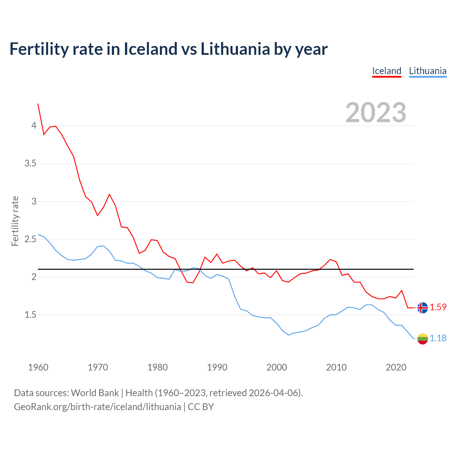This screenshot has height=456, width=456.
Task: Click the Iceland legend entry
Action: coord(387,71)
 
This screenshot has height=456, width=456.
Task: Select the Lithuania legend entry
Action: coord(427,71)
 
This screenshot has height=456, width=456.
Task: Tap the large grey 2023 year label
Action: coord(375,113)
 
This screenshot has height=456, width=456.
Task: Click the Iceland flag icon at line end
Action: coord(423,307)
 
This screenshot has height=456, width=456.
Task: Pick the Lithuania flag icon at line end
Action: coord(423,339)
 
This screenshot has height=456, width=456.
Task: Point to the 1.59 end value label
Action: coord(438,307)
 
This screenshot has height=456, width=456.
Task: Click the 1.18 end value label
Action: coord(438,338)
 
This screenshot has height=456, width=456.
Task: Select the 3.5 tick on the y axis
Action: coord(30,164)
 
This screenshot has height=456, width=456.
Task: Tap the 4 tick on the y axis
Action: coord(34,125)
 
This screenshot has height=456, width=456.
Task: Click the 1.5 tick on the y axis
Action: coord(30,315)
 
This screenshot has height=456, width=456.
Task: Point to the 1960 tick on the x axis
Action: coord(38,367)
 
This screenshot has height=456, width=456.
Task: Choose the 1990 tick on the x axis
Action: coord(217,367)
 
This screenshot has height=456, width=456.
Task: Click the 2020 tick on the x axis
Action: coord(396,367)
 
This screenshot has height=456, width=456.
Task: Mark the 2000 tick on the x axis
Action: coord(276,367)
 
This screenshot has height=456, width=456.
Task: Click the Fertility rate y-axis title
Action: coord(15,221)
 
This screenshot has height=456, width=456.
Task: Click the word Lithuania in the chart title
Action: coord(235,49)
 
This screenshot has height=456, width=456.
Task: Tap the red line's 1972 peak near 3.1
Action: coord(109,195)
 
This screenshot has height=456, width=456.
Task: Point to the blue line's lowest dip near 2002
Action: coord(289,335)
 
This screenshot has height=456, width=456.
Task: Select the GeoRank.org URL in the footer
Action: coord(97,407)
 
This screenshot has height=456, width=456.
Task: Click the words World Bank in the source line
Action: coord(95,393)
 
